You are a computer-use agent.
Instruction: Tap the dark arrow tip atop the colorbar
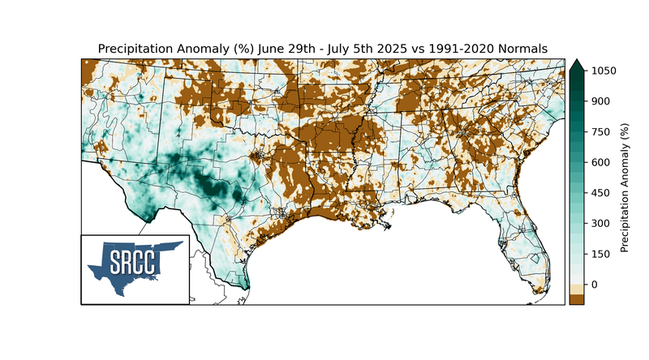(x=577, y=65)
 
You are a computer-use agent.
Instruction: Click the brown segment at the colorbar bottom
(x=577, y=299)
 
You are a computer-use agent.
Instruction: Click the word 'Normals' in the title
(x=522, y=49)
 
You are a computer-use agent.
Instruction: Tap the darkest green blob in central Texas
(x=213, y=188)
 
